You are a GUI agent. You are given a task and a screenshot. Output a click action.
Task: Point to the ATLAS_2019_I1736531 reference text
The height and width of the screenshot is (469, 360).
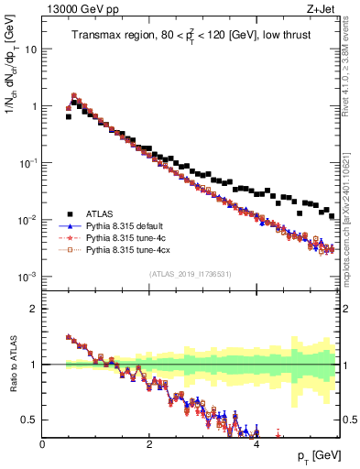190,275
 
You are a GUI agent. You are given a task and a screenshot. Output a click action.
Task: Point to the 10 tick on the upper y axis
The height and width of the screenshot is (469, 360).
30,49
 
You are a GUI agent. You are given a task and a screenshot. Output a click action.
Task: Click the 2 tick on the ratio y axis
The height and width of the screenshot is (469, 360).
33,309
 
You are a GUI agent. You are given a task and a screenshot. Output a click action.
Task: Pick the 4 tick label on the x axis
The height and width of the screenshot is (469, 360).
256,442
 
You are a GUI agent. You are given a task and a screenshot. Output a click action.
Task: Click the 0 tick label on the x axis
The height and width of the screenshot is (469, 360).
42,442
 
